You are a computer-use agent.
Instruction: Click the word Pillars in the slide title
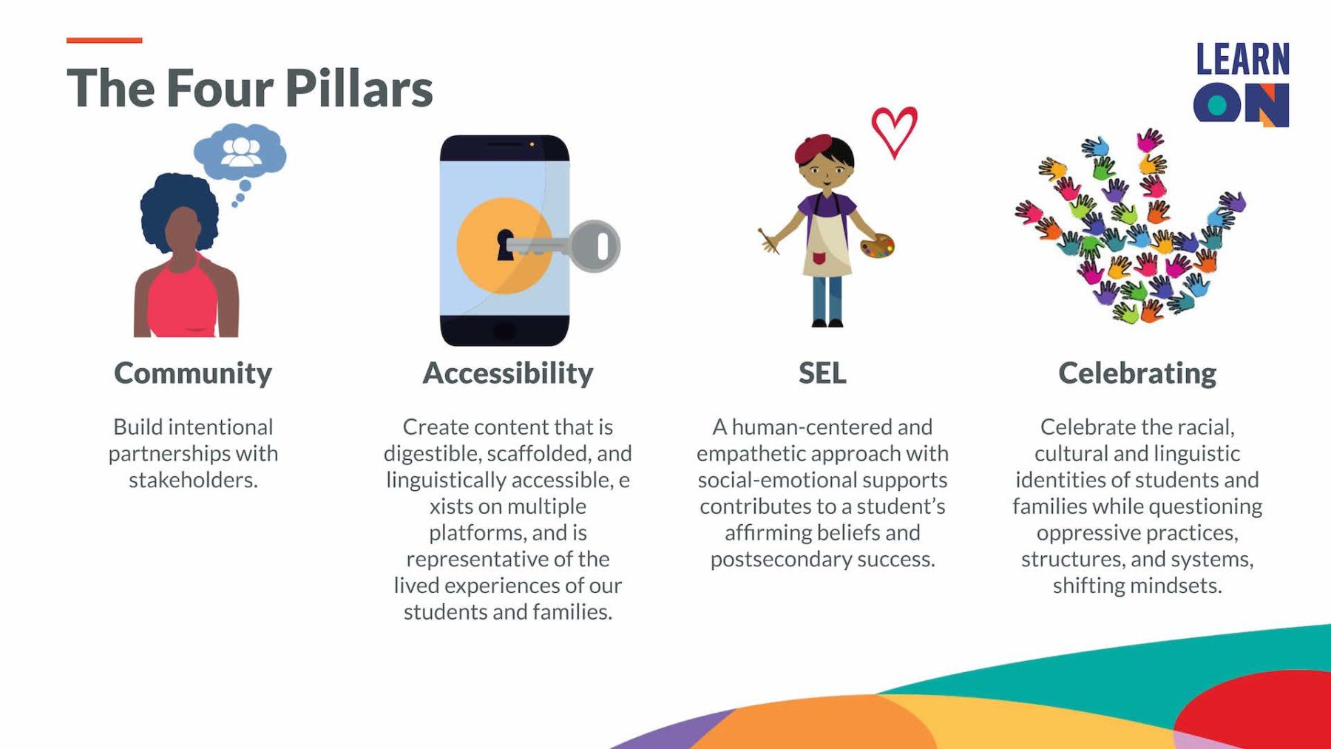click(x=359, y=88)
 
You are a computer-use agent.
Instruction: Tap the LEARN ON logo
click(x=1242, y=84)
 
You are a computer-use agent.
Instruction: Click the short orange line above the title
click(x=104, y=40)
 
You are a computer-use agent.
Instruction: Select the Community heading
click(x=193, y=373)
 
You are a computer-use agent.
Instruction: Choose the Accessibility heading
click(x=508, y=373)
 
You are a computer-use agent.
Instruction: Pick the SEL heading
click(x=822, y=373)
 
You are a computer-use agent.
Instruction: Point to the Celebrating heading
click(x=1137, y=373)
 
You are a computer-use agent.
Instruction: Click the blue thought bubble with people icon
click(x=240, y=152)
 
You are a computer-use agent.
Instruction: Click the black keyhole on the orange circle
click(x=505, y=245)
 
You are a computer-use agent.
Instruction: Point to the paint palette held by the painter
click(x=877, y=245)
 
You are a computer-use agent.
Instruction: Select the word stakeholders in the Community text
click(x=193, y=480)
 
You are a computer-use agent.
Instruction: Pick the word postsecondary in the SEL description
click(x=781, y=560)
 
